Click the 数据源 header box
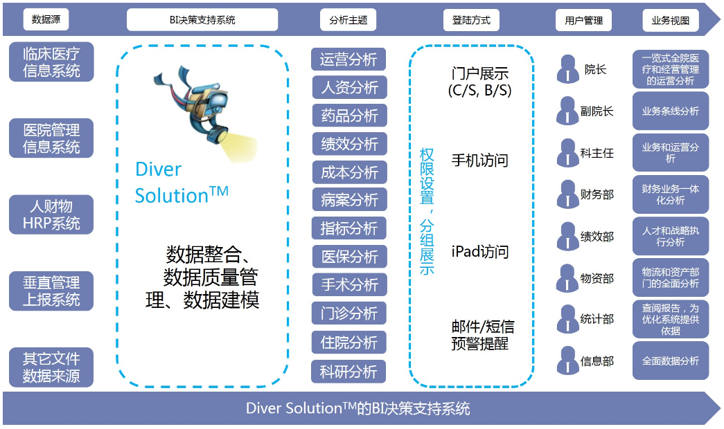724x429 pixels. [46, 19]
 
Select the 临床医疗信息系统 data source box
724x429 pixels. [51, 62]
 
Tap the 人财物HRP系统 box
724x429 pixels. [51, 214]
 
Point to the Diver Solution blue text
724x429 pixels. [182, 183]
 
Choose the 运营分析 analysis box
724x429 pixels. [348, 59]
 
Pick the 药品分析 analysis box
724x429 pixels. [350, 116]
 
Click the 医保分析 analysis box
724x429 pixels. [350, 257]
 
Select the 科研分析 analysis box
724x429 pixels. [348, 372]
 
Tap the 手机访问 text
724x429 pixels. [479, 161]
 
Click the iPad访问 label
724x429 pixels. [480, 252]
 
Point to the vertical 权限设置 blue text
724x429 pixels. [427, 176]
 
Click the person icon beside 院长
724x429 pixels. [567, 69]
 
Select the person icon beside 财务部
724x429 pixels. [567, 194]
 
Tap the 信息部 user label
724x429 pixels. [597, 361]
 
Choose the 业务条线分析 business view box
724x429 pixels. [671, 111]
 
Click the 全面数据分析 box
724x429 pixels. [671, 360]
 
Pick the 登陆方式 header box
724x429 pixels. [471, 20]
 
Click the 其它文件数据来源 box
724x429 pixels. [51, 367]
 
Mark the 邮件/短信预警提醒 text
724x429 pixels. [482, 336]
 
